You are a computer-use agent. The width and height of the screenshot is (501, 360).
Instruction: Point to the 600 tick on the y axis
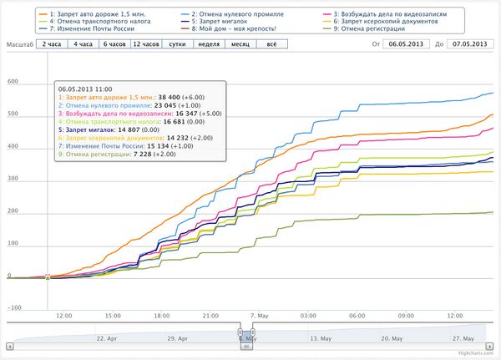point(13,82)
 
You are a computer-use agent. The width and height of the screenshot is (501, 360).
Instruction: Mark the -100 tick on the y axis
point(13,307)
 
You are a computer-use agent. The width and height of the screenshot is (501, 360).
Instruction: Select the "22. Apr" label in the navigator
point(111,338)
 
